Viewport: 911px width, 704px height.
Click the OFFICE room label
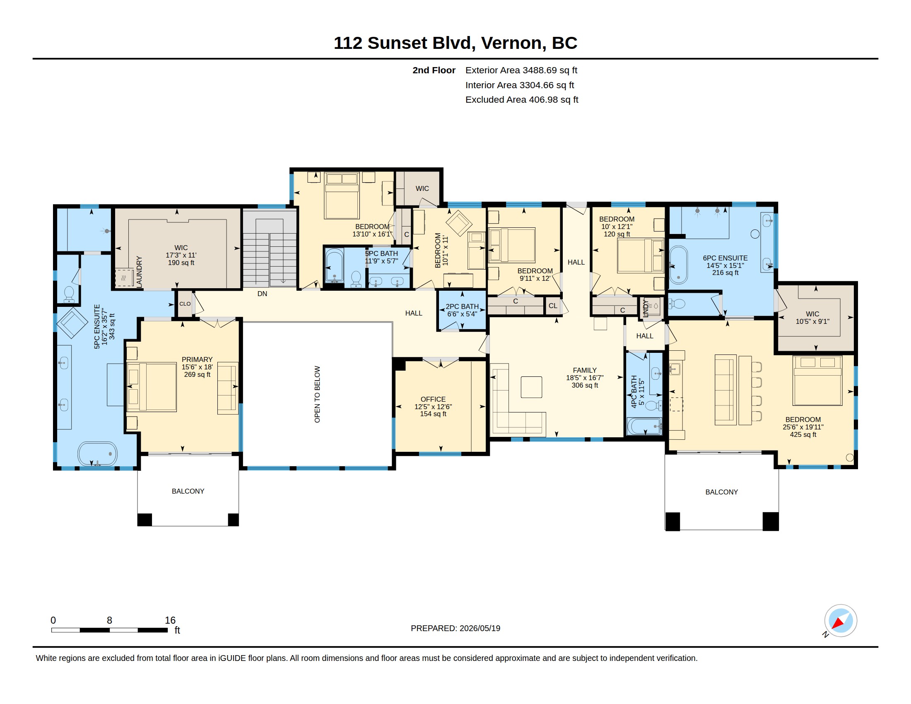pyautogui.click(x=433, y=399)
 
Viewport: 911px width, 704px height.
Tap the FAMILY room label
pyautogui.click(x=584, y=370)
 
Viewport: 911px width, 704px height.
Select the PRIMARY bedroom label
pyautogui.click(x=197, y=359)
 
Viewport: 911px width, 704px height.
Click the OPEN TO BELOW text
pyautogui.click(x=318, y=394)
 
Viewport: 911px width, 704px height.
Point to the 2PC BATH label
pyautogui.click(x=462, y=306)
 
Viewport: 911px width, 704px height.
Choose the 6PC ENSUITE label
pyautogui.click(x=725, y=258)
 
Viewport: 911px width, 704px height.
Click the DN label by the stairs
pyautogui.click(x=263, y=294)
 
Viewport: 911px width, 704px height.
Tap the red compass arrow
pyautogui.click(x=839, y=622)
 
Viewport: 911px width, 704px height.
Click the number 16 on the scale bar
pyautogui.click(x=170, y=620)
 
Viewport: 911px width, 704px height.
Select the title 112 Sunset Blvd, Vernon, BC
pyautogui.click(x=455, y=43)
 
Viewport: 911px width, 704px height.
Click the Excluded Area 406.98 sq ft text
pyautogui.click(x=522, y=100)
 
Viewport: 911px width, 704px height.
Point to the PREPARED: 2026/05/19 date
pyautogui.click(x=455, y=628)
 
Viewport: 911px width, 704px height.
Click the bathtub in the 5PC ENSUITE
pyautogui.click(x=97, y=453)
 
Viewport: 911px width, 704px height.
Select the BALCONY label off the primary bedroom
pyautogui.click(x=188, y=491)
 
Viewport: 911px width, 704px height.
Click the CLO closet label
pyautogui.click(x=185, y=304)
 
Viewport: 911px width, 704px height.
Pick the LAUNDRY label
pyautogui.click(x=139, y=272)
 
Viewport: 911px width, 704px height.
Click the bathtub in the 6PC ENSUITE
pyautogui.click(x=678, y=265)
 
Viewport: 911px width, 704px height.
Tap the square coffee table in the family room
pyautogui.click(x=531, y=387)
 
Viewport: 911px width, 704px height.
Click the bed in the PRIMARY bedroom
pyautogui.click(x=152, y=387)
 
